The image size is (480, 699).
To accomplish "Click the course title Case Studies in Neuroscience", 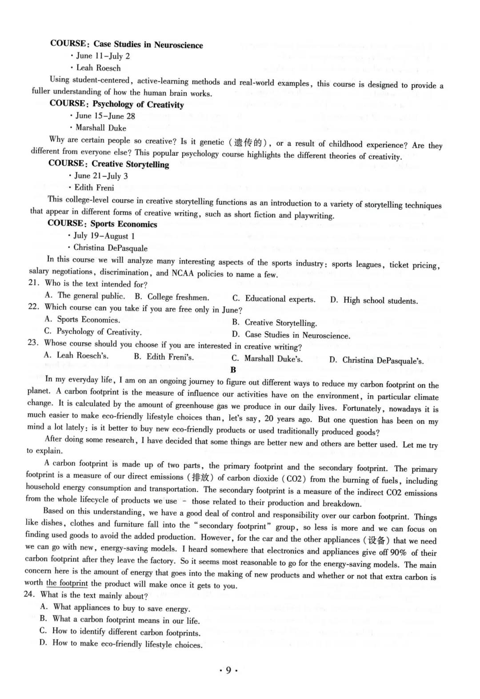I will pyautogui.click(x=148, y=45).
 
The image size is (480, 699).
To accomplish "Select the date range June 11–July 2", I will pyautogui.click(x=103, y=56).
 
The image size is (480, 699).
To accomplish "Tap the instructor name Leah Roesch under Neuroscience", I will pyautogui.click(x=98, y=68).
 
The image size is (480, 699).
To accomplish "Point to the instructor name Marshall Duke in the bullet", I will pyautogui.click(x=101, y=128).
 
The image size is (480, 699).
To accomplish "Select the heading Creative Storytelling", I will pyautogui.click(x=130, y=165).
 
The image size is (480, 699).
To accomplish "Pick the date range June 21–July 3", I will pyautogui.click(x=101, y=176).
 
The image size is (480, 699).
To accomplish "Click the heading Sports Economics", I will pyautogui.click(x=124, y=224).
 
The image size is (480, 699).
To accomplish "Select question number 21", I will pyautogui.click(x=33, y=283).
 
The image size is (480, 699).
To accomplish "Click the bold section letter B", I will pyautogui.click(x=233, y=370).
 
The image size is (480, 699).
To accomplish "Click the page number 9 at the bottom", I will pyautogui.click(x=228, y=671).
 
